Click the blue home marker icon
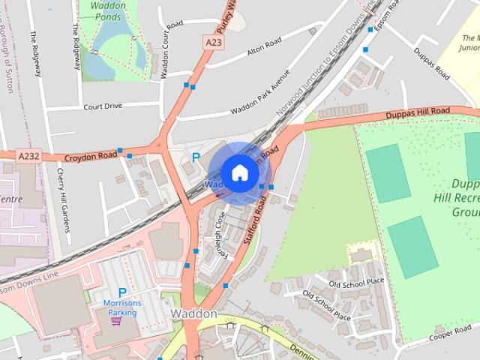238,172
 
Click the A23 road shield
214,44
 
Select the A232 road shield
28,156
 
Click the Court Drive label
103,106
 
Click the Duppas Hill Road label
418,112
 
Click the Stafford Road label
255,221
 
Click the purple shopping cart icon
115,321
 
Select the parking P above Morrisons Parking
122,293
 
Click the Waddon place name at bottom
193,313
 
